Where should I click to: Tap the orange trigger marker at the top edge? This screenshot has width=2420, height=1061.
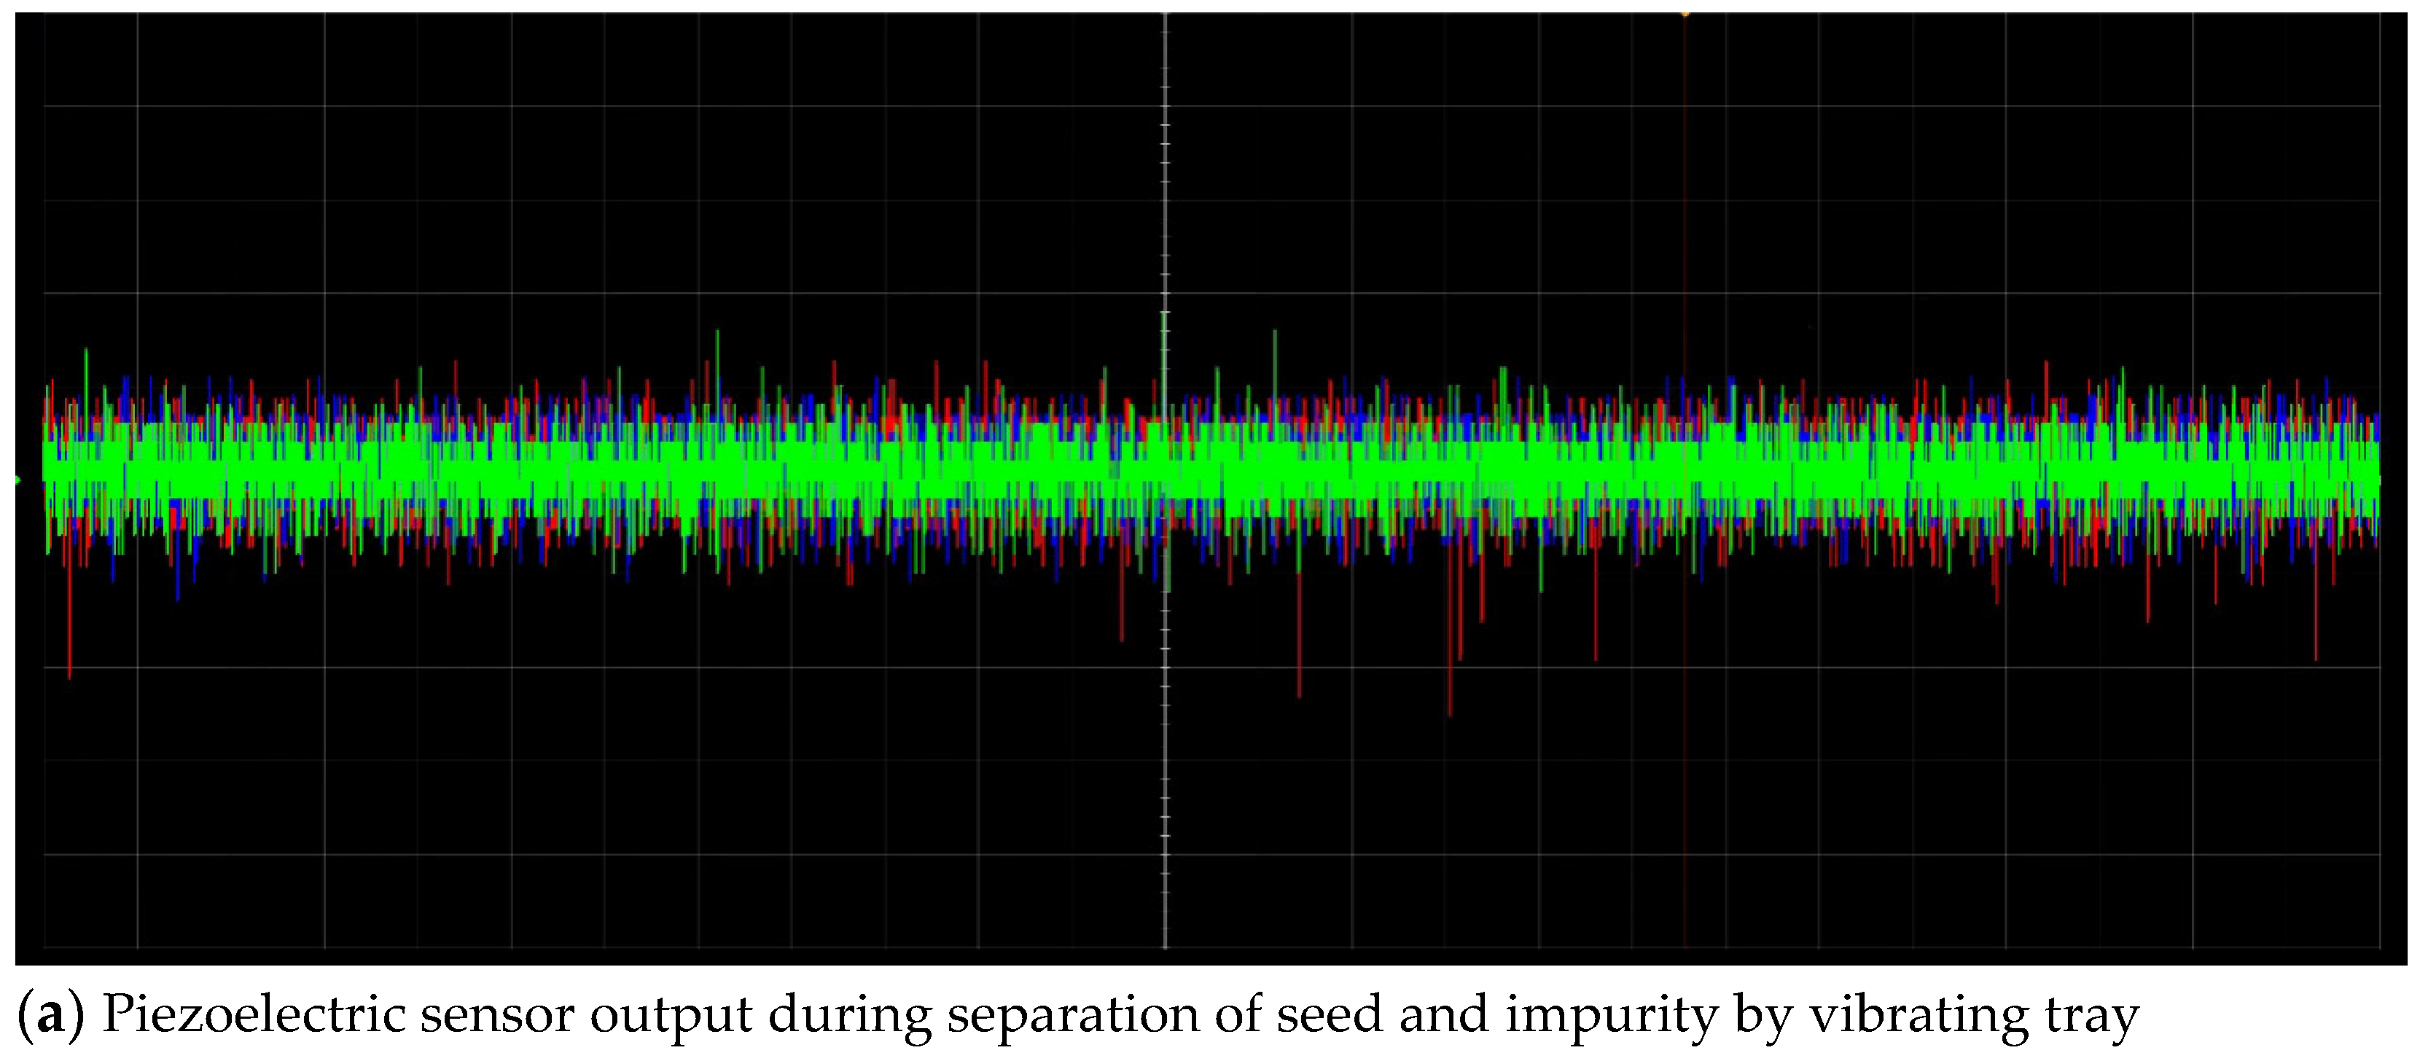(1685, 13)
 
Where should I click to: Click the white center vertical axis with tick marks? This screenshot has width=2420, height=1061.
(1165, 751)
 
